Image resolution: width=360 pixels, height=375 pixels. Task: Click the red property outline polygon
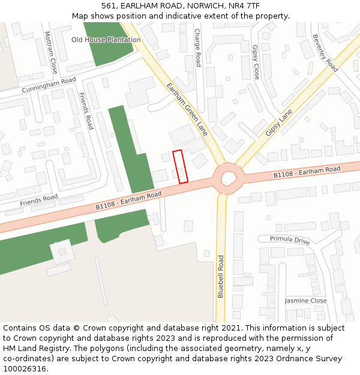pyautogui.click(x=181, y=166)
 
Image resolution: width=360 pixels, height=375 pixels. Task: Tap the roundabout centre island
pyautogui.click(x=229, y=178)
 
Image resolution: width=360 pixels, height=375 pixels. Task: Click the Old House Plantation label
pyautogui.click(x=106, y=40)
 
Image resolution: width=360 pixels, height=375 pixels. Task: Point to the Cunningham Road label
pyautogui.click(x=49, y=85)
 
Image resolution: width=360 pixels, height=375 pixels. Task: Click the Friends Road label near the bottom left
pyautogui.click(x=38, y=200)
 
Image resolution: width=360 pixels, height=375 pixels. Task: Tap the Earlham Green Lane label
pyautogui.click(x=187, y=109)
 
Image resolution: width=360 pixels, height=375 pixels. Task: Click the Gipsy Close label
pyautogui.click(x=256, y=62)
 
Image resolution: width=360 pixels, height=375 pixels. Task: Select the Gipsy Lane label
pyautogui.click(x=279, y=121)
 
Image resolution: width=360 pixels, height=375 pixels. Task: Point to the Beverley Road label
pyautogui.click(x=325, y=53)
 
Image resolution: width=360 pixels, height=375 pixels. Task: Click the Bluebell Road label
pyautogui.click(x=221, y=277)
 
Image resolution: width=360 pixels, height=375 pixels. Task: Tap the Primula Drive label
pyautogui.click(x=290, y=240)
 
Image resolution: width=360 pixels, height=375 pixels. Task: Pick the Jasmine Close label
pyautogui.click(x=305, y=301)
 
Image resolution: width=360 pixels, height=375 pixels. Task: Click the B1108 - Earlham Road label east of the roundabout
pyautogui.click(x=307, y=172)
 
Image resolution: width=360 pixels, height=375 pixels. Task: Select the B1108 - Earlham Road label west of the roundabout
pyautogui.click(x=128, y=200)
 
